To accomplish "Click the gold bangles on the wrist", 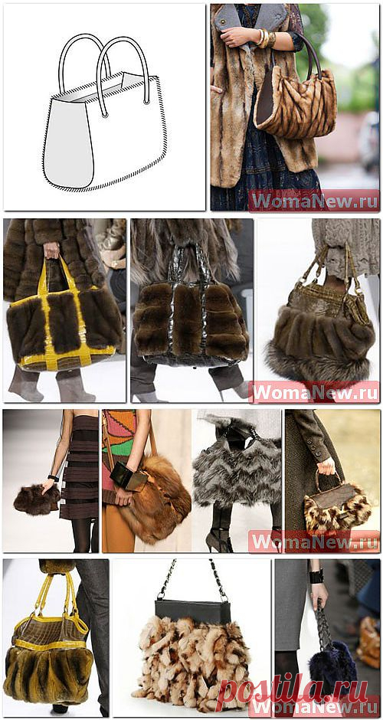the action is coord(266,38).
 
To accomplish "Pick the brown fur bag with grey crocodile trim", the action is coord(190,317).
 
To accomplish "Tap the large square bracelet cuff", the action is coord(128,476).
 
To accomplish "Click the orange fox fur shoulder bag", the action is coord(154,500).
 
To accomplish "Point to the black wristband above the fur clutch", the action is coord(54,477).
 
